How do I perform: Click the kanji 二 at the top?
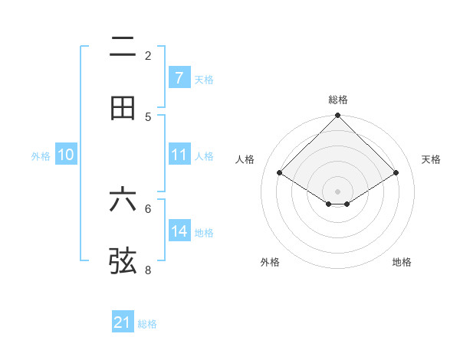coord(123,47)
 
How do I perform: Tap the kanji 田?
coord(123,108)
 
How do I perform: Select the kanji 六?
coord(123,200)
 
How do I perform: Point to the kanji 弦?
coord(123,260)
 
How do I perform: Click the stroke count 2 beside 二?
coord(148,55)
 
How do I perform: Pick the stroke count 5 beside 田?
coord(148,116)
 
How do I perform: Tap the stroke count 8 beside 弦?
coord(148,270)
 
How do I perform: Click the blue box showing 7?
coord(179,77)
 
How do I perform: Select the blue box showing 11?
coord(179,155)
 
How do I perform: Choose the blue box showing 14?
coord(179,231)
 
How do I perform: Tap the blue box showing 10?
coord(66,155)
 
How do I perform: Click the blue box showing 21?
coord(123,322)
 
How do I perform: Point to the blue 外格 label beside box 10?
coord(41,155)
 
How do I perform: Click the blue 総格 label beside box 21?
coord(147,324)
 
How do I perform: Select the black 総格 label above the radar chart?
coord(338,100)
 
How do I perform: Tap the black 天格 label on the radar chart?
coord(432,159)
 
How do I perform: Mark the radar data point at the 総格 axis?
coord(338,116)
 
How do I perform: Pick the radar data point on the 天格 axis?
coord(396,172)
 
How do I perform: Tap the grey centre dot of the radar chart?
coord(338,191)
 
